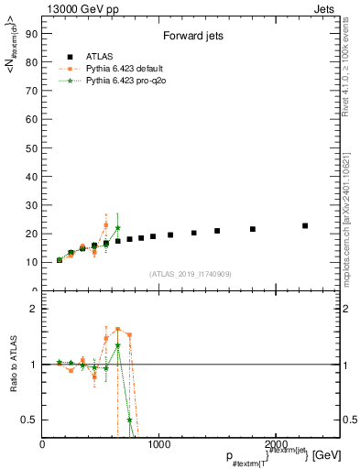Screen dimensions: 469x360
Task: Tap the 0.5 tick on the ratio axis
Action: click(x=30, y=420)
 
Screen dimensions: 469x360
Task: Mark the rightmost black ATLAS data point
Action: click(x=305, y=225)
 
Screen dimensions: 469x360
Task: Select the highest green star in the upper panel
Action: click(x=117, y=227)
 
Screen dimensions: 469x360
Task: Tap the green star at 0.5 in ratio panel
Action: click(x=129, y=420)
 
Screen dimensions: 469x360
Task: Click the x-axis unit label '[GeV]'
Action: click(x=327, y=455)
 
